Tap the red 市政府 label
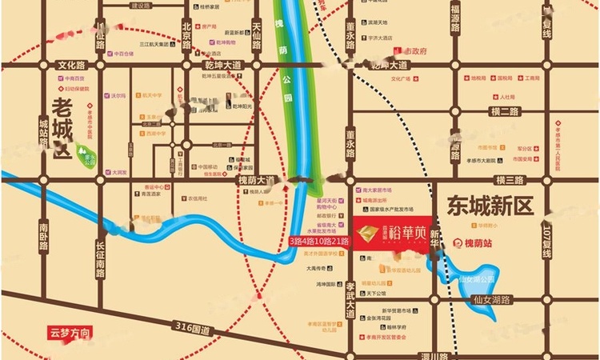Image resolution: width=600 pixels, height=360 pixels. (x=415, y=50)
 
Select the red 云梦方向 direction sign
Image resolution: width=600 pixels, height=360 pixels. (x=70, y=331)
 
